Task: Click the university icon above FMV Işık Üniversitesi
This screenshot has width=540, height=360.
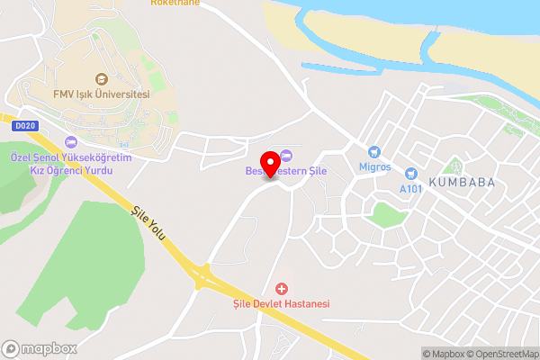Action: coord(102,78)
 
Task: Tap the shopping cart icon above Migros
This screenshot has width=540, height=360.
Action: coord(374,152)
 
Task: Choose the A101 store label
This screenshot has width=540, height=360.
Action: coord(410,189)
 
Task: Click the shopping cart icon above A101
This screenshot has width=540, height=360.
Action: coord(411,173)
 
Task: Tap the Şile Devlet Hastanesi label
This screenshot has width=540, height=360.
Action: coord(276,304)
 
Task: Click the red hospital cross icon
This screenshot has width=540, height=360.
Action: coord(282,288)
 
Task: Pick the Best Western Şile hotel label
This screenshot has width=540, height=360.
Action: coord(285,171)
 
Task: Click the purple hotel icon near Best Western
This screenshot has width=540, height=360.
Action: coord(286,155)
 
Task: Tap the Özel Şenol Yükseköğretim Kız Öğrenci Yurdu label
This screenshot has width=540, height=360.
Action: coord(70,163)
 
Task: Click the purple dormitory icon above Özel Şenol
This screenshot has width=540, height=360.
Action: coord(71,140)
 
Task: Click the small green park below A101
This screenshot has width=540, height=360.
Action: coord(386,215)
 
